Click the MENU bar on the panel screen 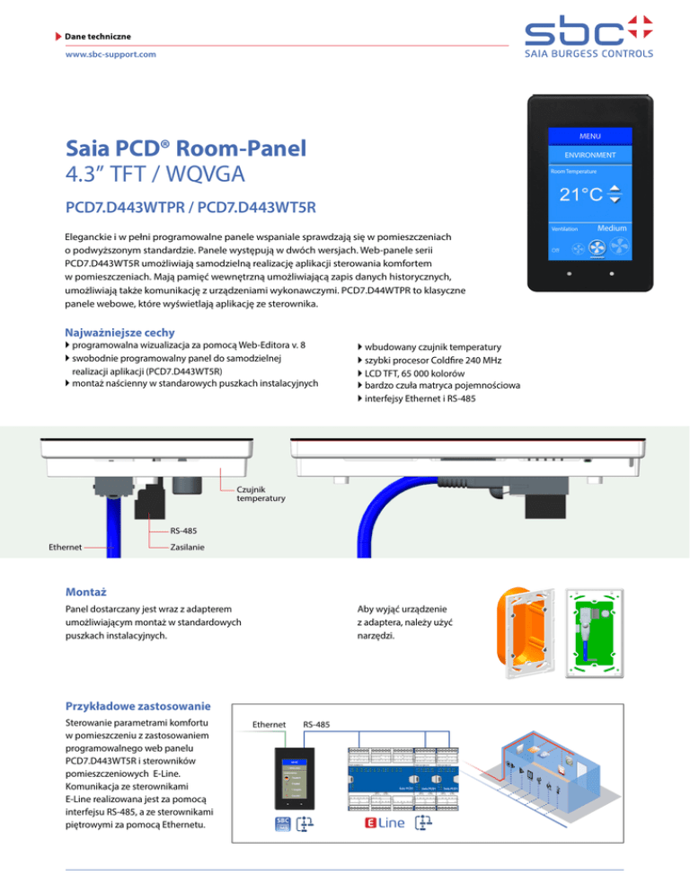[590, 136]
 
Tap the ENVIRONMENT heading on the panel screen [590, 155]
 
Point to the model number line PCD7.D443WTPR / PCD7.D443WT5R [190, 209]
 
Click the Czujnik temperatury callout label [261, 494]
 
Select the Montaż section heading [86, 592]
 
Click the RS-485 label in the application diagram [316, 724]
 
